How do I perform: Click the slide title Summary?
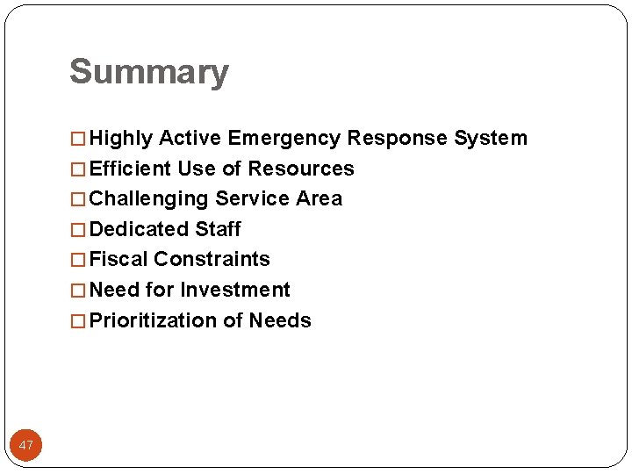click(148, 72)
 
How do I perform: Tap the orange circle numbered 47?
click(26, 445)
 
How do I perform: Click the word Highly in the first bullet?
click(122, 139)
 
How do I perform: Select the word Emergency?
click(284, 139)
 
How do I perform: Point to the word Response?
click(398, 139)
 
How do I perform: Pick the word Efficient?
click(130, 169)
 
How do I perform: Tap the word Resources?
click(301, 169)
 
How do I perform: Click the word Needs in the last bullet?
click(280, 320)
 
